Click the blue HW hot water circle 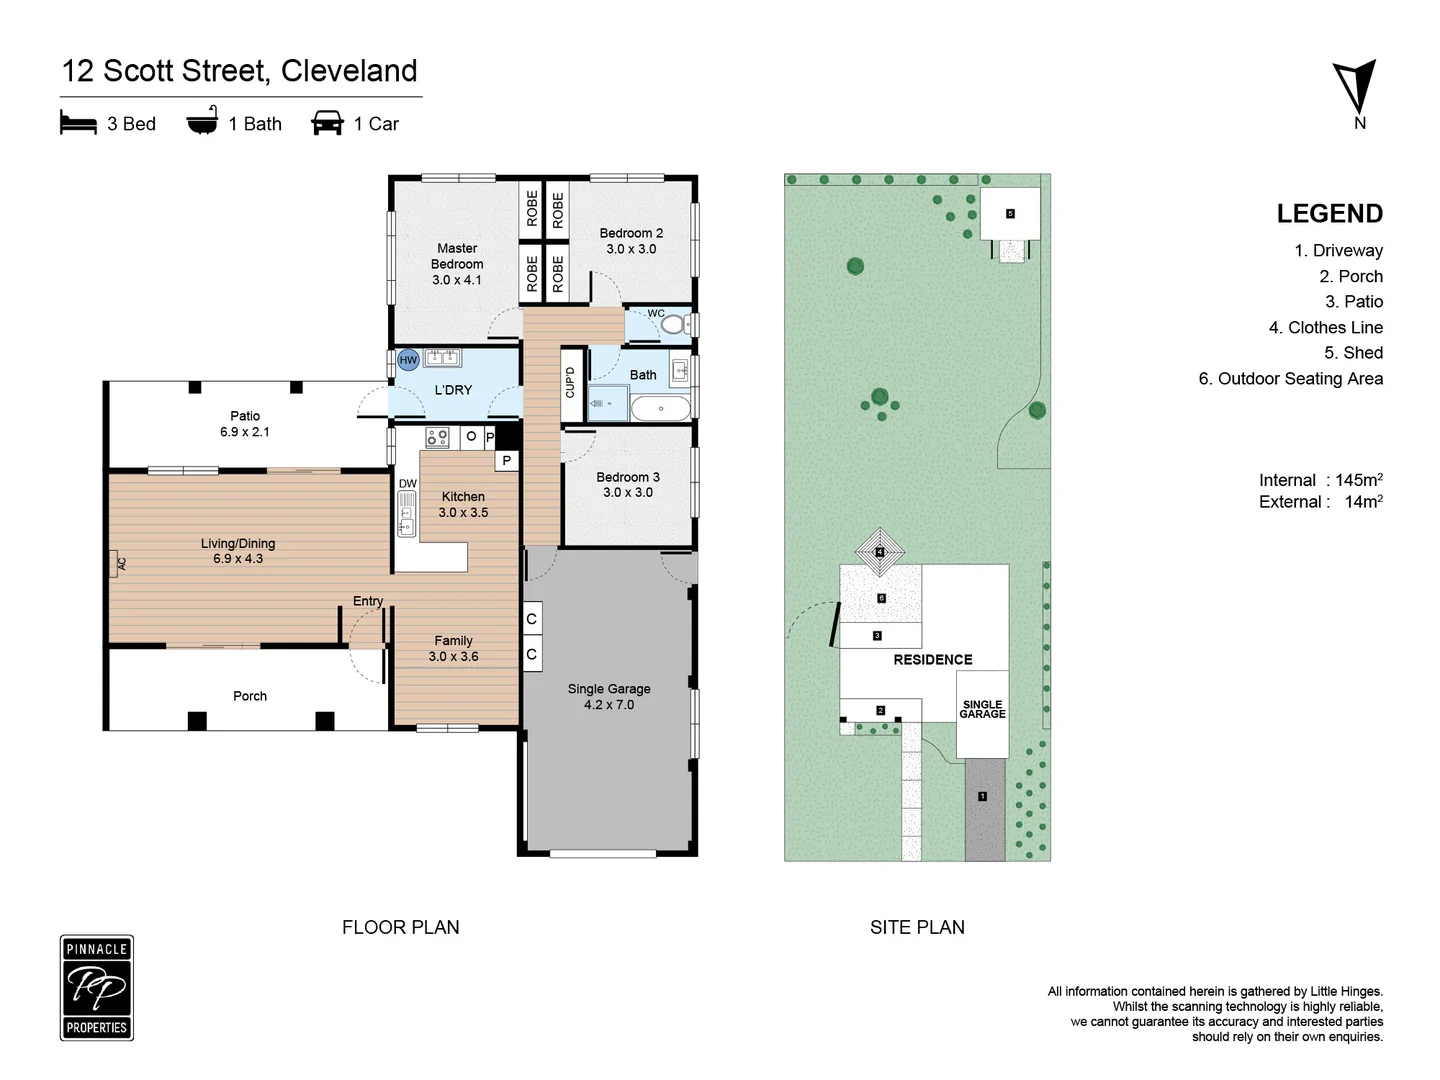click(x=408, y=360)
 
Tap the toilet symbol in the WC click(x=673, y=324)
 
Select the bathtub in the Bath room click(x=661, y=408)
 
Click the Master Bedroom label click(x=457, y=264)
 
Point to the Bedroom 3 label click(x=628, y=485)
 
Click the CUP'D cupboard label click(x=570, y=382)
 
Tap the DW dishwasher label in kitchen click(x=408, y=483)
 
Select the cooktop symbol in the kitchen click(x=438, y=437)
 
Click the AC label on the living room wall click(x=121, y=564)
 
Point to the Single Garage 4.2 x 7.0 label click(x=609, y=697)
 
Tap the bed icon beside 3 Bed click(x=78, y=123)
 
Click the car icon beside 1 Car click(x=327, y=123)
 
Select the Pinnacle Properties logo click(x=97, y=988)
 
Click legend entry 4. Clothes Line click(x=1325, y=327)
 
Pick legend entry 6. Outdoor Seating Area click(x=1290, y=378)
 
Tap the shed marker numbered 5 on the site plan click(x=1010, y=214)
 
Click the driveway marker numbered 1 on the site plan click(x=982, y=796)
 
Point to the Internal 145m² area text click(x=1320, y=480)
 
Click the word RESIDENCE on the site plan click(x=932, y=660)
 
